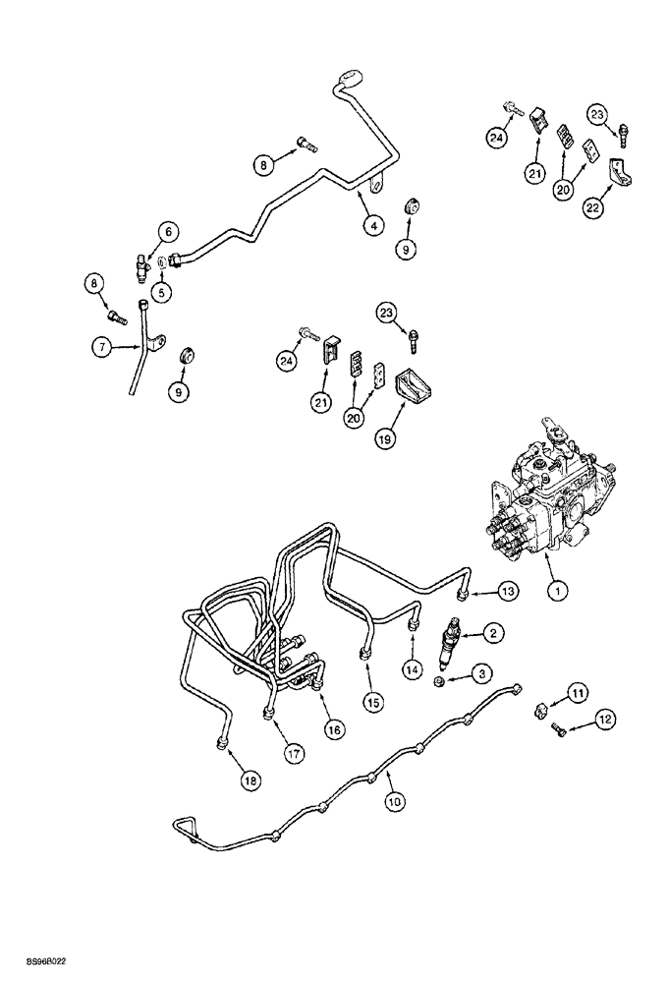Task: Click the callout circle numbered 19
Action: tap(385, 437)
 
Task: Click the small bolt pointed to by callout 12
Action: tap(560, 728)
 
